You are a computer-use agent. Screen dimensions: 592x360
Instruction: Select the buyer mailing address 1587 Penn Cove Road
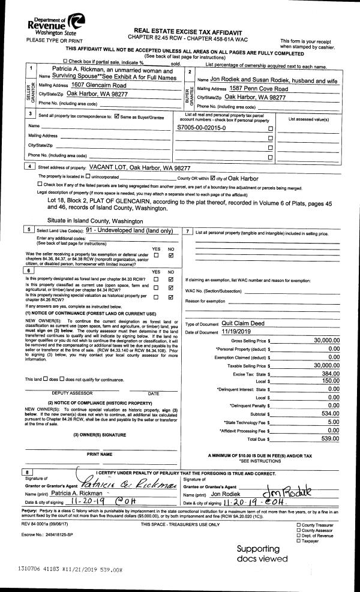[259, 89]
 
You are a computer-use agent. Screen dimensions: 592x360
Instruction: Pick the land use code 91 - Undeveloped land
[130, 230]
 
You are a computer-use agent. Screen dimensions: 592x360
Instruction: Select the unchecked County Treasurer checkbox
[299, 525]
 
